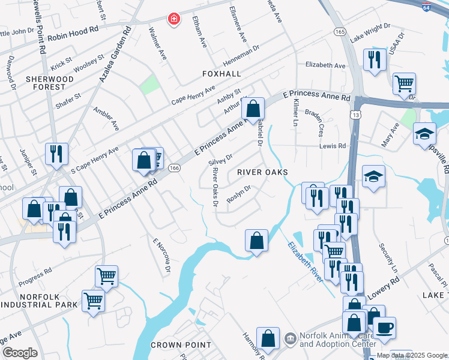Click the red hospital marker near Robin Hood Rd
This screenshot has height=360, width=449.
(x=174, y=20)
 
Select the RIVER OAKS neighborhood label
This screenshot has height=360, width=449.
(x=262, y=172)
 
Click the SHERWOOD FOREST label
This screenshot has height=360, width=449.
(x=49, y=83)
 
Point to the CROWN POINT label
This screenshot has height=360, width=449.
(x=181, y=345)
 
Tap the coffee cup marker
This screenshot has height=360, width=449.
(x=384, y=328)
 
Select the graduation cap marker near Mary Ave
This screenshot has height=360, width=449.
(x=424, y=133)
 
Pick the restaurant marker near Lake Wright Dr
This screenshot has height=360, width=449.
(x=374, y=59)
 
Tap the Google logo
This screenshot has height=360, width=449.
(x=20, y=353)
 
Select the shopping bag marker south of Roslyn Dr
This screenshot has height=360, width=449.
(x=256, y=240)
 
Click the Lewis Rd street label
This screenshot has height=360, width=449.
(x=333, y=146)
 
